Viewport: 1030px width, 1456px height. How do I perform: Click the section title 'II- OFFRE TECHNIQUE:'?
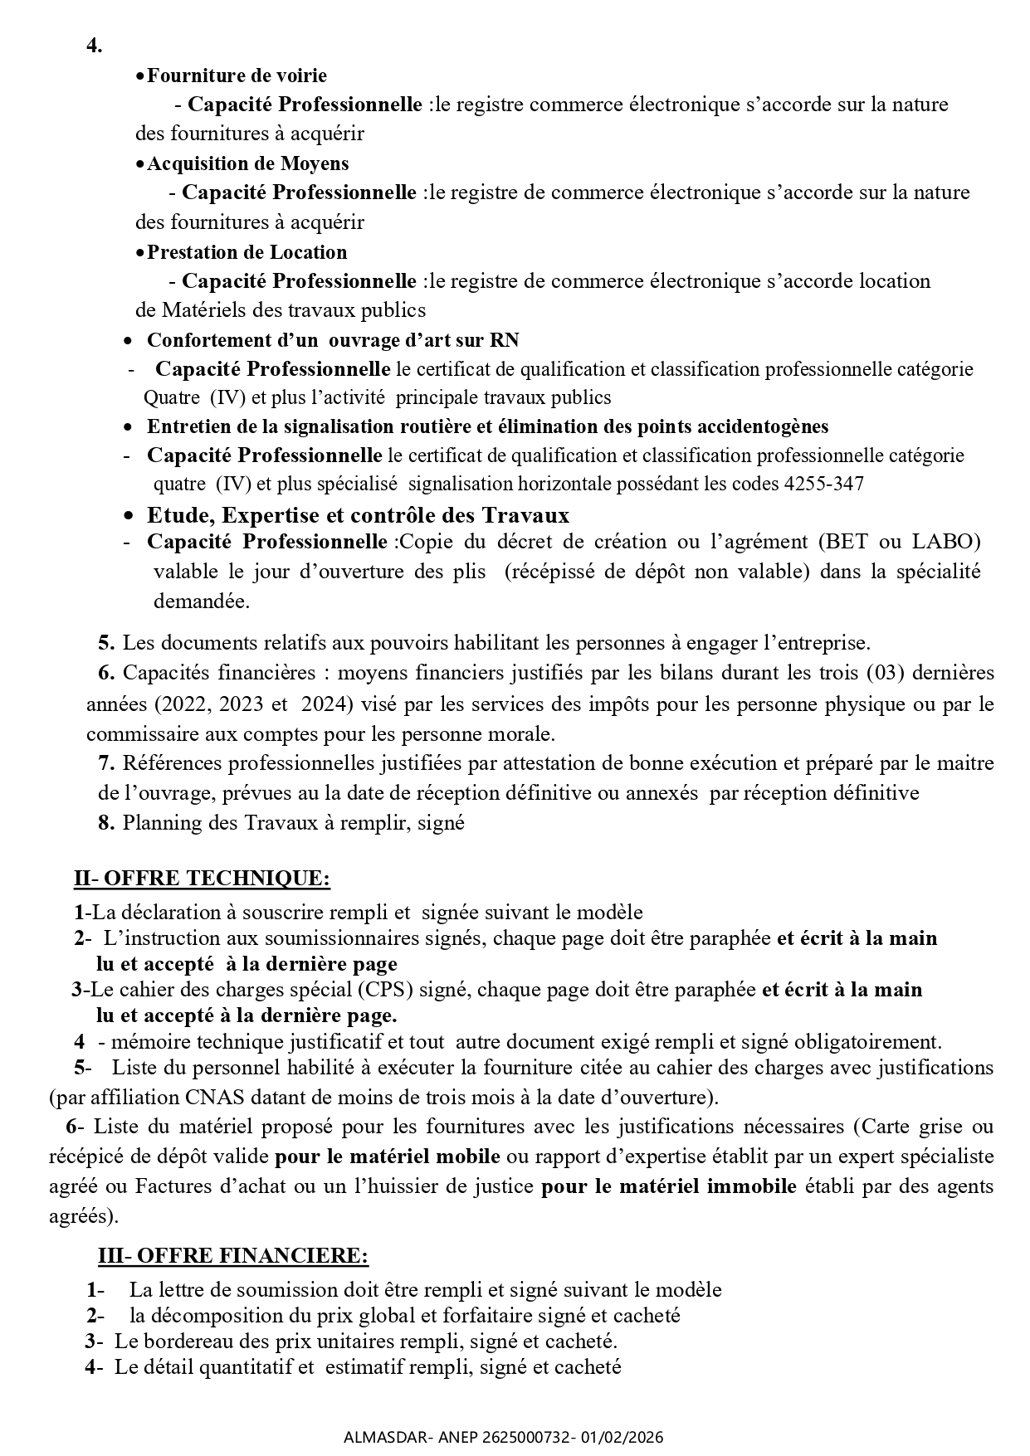click(202, 878)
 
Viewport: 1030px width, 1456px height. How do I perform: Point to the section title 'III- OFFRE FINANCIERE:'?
click(233, 1256)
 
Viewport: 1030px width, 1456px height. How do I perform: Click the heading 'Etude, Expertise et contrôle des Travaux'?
click(358, 515)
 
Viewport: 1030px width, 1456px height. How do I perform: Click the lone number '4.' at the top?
click(95, 46)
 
